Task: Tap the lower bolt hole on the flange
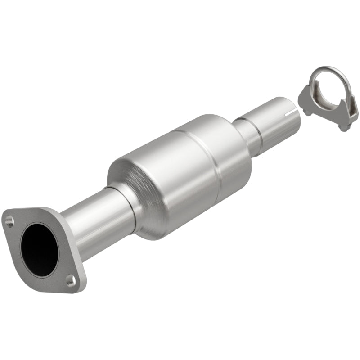(71, 281)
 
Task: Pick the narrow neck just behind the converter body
(245, 135)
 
